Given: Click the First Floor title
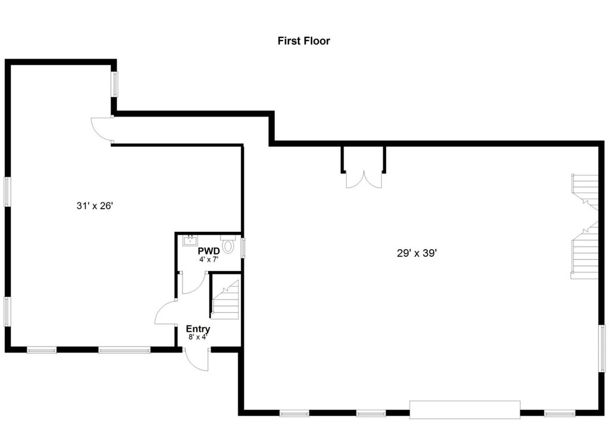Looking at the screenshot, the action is click(304, 41).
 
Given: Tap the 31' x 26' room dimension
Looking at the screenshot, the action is click(95, 206).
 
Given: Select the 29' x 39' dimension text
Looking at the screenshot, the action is click(417, 253).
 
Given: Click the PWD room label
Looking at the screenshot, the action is click(209, 251).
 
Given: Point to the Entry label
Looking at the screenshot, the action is click(198, 329).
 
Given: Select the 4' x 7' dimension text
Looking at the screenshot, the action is click(209, 259).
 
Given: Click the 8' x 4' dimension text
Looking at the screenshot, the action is click(198, 337).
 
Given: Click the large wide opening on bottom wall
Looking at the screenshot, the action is click(465, 410).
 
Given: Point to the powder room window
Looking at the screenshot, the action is click(243, 248).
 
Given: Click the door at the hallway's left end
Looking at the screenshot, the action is click(101, 130).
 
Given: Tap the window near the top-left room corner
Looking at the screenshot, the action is click(115, 84).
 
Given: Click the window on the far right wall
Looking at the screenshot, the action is click(602, 348).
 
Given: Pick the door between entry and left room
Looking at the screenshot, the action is click(166, 313).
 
